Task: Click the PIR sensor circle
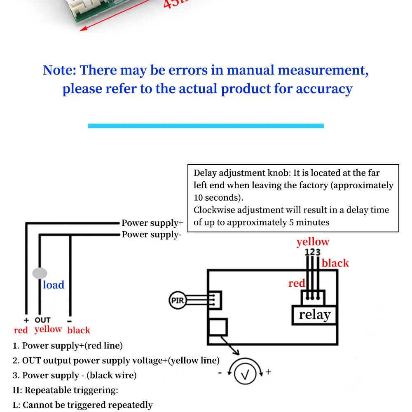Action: coord(177,300)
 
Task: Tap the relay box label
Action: coord(314,315)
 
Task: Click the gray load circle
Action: coord(40,273)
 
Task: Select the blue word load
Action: coord(54,285)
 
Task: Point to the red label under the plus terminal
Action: coord(21,330)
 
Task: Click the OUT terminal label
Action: coord(42,320)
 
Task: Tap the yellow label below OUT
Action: coord(48,329)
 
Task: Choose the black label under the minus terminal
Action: coord(78,330)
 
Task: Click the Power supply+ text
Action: coord(152,223)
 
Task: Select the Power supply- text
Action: coord(151,234)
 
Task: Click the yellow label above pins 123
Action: coord(313,242)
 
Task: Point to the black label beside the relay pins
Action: coord(335,263)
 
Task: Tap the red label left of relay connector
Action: coord(297,283)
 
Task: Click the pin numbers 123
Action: coord(313,252)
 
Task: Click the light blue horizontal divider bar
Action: coord(206,126)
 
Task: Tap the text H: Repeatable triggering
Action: coord(66,390)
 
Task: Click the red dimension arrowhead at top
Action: coord(82,28)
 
